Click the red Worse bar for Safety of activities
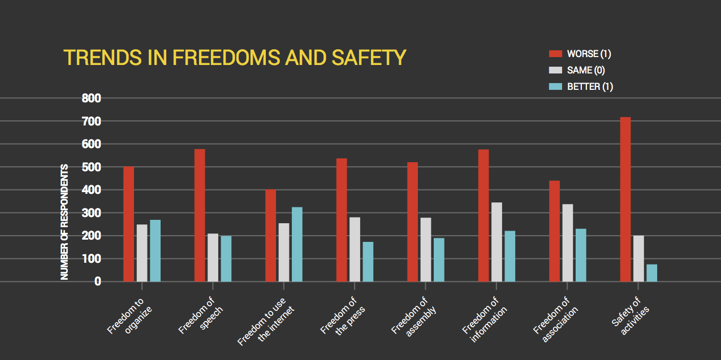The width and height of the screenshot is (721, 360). [x=625, y=199]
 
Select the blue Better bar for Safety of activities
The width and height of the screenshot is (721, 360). [x=651, y=273]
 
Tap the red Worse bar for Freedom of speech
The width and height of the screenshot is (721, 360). [x=200, y=215]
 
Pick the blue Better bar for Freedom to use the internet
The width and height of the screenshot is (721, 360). [x=297, y=244]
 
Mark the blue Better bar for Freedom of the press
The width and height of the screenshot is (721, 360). [x=368, y=262]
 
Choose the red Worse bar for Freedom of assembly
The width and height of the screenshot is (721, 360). [x=412, y=222]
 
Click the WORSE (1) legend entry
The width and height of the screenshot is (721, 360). [x=580, y=54]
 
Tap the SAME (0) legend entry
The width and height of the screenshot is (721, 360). [x=578, y=71]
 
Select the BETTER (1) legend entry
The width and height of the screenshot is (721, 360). [x=581, y=87]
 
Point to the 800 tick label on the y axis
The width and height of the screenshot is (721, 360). [x=91, y=99]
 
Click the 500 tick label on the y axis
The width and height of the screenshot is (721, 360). [x=91, y=167]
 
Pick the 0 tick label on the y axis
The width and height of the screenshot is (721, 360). [x=98, y=281]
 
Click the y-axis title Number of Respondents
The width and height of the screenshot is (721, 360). [x=64, y=222]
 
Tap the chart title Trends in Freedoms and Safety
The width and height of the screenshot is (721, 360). [x=235, y=58]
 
